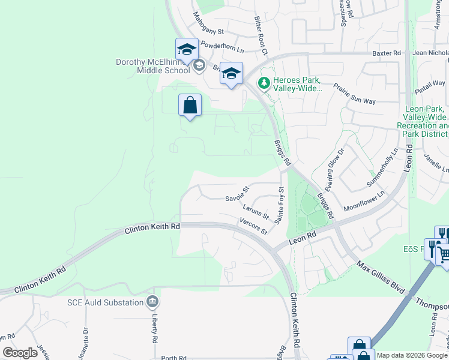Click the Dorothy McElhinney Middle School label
(153, 66)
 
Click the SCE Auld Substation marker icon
(152, 301)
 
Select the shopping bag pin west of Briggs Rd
(190, 106)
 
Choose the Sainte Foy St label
(279, 206)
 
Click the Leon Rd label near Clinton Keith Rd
(303, 238)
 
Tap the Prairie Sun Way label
(354, 93)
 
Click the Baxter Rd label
(386, 53)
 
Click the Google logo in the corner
(20, 353)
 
